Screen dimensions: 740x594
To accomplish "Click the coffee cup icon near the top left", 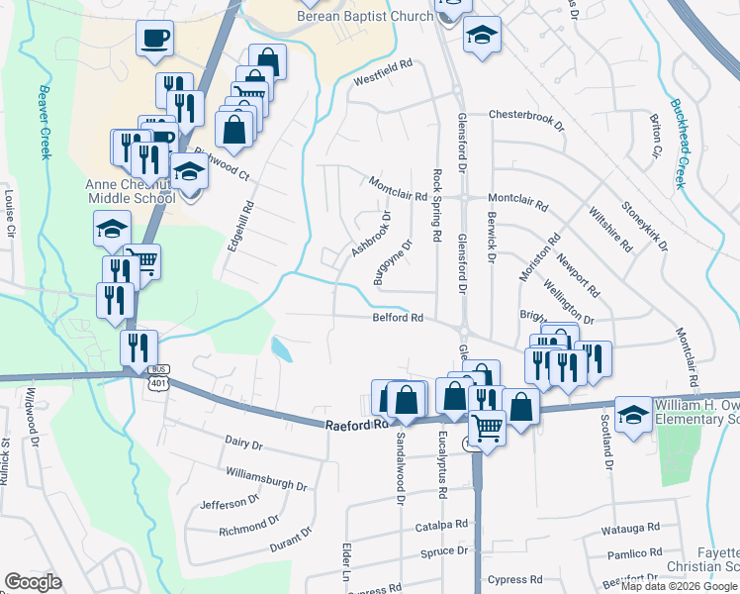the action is click(x=155, y=40).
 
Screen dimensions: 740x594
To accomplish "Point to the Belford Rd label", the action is click(x=398, y=318).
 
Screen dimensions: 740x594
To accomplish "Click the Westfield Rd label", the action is click(x=381, y=77).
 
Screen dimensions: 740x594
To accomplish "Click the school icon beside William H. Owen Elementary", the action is click(x=632, y=415).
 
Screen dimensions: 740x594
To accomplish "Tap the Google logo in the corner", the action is click(x=33, y=582).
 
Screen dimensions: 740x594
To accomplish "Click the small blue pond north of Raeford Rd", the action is click(x=281, y=348).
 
